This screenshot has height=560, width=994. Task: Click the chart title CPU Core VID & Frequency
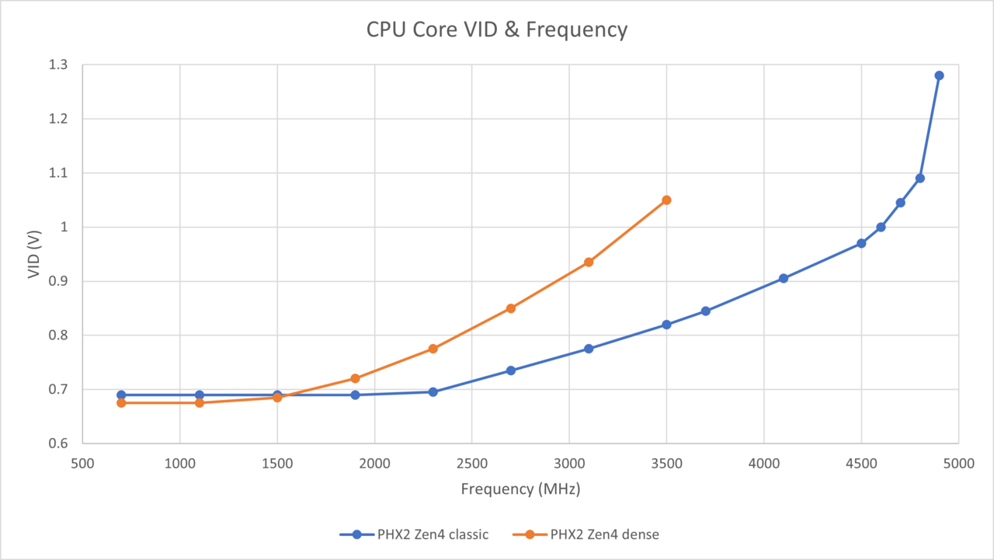click(x=497, y=30)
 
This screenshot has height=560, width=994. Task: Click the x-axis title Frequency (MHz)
click(x=520, y=489)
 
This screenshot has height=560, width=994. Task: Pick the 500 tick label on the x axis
click(x=82, y=464)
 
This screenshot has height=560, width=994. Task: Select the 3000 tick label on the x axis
click(x=569, y=464)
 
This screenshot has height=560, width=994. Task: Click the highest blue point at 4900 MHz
click(x=939, y=75)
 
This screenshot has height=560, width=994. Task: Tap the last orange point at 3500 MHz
click(x=666, y=200)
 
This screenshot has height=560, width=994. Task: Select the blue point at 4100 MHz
click(x=784, y=278)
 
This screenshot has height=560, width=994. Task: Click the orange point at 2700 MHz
click(x=511, y=308)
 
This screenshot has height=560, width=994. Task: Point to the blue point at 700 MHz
click(x=121, y=395)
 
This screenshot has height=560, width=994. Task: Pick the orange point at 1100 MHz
click(x=200, y=402)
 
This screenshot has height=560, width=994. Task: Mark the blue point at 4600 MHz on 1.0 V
click(x=881, y=228)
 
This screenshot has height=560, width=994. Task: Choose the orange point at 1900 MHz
click(x=355, y=378)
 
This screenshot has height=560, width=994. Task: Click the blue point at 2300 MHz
click(x=433, y=392)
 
